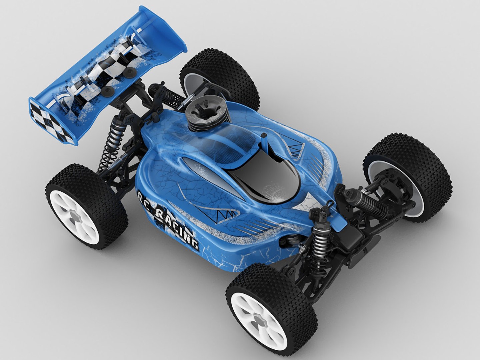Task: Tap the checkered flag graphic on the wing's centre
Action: [x=103, y=73]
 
